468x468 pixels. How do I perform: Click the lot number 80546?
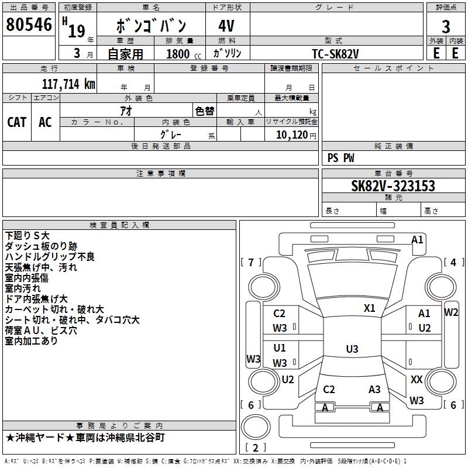(x=29, y=24)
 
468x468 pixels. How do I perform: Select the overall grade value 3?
(x=446, y=27)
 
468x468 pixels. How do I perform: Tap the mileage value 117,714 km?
(x=68, y=84)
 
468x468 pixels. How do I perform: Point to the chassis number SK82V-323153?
(x=393, y=186)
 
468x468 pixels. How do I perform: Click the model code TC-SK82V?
(x=335, y=54)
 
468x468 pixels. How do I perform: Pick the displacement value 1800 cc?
(x=184, y=54)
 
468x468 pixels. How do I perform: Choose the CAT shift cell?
(x=17, y=122)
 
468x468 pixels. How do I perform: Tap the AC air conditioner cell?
(x=45, y=122)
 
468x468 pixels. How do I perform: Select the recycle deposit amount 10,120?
(x=292, y=135)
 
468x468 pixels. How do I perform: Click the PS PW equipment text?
(x=340, y=158)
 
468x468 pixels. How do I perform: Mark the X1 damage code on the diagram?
(x=369, y=308)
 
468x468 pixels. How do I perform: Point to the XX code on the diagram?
(x=417, y=379)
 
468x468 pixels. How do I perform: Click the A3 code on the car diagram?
(x=374, y=389)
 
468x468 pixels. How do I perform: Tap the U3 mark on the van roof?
(x=352, y=349)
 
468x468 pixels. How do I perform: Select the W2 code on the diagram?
(x=450, y=312)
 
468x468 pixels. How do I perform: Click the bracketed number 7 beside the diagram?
(x=251, y=262)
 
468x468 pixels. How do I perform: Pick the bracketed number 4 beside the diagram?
(x=453, y=262)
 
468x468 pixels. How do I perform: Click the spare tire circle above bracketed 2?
(x=256, y=427)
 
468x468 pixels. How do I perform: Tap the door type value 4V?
(x=226, y=26)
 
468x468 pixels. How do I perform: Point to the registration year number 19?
(x=77, y=31)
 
